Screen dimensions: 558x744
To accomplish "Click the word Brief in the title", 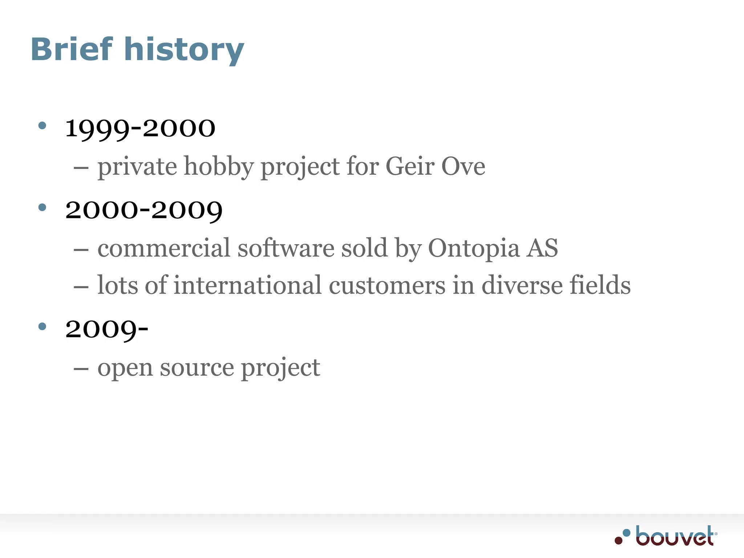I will [x=72, y=49].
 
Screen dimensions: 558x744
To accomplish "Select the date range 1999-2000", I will [x=140, y=128].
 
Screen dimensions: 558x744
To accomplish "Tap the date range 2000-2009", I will [x=144, y=210].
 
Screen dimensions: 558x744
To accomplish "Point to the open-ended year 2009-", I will [x=107, y=329].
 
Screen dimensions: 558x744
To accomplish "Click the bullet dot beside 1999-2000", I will [x=43, y=126].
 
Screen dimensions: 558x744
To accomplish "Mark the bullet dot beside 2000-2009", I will [x=43, y=207].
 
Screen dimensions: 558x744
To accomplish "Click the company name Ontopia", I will [x=474, y=249].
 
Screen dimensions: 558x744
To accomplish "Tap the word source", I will [x=197, y=368].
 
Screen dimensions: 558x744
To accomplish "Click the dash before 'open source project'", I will [x=81, y=368].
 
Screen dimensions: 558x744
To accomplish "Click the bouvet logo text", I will [x=675, y=536].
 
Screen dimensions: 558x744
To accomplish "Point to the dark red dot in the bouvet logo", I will [x=618, y=541].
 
